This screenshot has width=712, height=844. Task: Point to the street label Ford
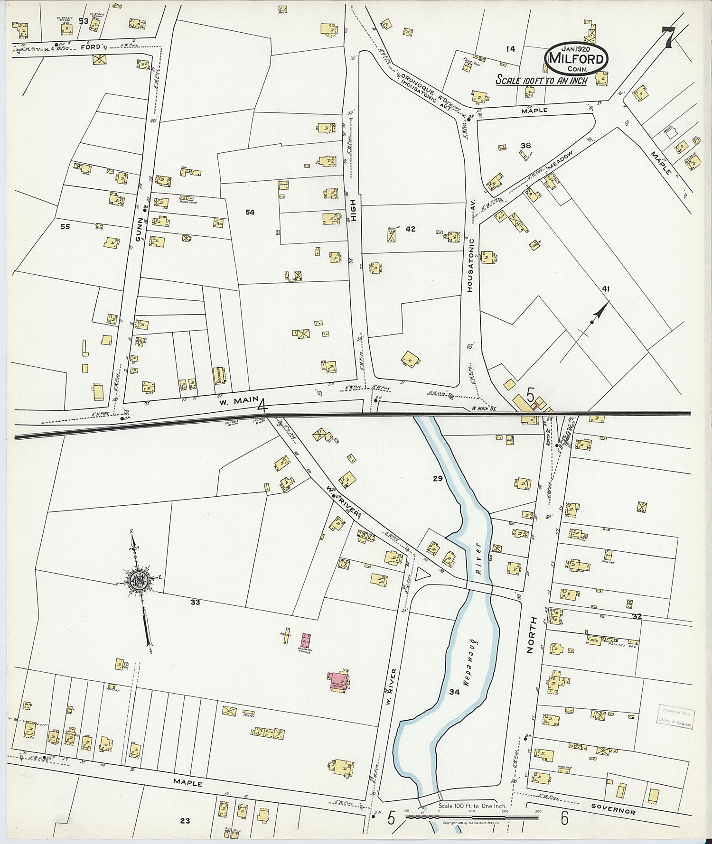(90, 47)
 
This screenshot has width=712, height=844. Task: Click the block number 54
(250, 212)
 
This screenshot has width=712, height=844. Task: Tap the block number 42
(411, 229)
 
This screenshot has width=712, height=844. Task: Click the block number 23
(185, 821)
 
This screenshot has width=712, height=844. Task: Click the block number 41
(606, 288)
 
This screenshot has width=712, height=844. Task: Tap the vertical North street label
(531, 635)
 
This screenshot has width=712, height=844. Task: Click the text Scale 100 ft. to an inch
(542, 80)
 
